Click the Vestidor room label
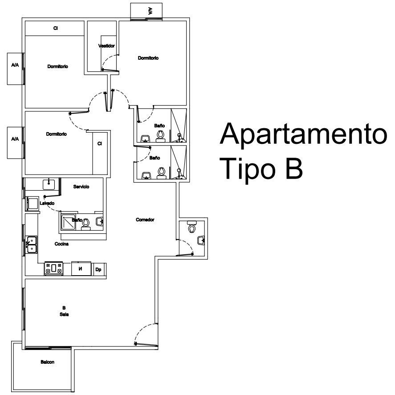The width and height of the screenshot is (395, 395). coord(106,46)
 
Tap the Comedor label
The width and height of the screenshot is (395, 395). coord(145,220)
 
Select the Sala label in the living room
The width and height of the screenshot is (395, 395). coord(64,314)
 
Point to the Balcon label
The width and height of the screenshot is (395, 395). coord(47,362)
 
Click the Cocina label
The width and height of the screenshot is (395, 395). coord(61,244)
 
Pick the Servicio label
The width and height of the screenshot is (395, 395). coord(81,187)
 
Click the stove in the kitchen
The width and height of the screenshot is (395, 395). coord(53,269)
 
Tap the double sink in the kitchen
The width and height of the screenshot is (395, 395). coord(32,244)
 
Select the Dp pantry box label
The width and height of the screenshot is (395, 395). coord(98,269)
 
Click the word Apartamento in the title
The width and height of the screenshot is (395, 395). coord(303,134)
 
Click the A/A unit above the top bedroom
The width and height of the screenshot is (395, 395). coord(147,11)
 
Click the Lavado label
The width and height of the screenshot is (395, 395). coord(47,203)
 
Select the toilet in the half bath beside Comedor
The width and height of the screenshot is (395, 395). coord(192,227)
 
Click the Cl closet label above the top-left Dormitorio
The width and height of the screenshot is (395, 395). coord(55,28)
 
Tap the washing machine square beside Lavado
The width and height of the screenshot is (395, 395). coord(33,204)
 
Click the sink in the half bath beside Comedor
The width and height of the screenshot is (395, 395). coord(201,240)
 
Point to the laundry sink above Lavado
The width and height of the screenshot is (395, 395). coord(49,184)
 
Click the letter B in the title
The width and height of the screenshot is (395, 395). coord(294,168)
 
